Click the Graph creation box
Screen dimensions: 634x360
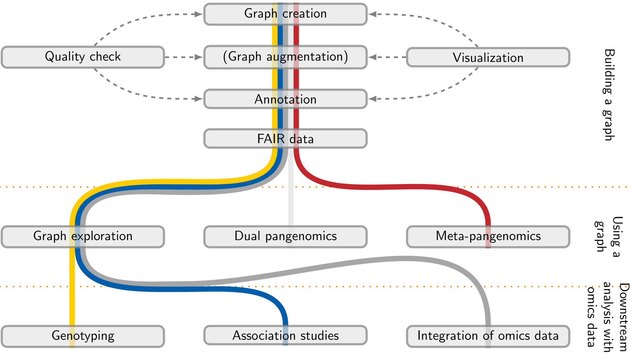[x=285, y=14]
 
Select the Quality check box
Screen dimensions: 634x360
[x=83, y=57]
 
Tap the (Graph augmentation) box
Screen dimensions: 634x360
[x=285, y=57]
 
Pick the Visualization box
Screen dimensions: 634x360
[x=488, y=57]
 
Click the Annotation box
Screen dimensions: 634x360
[x=285, y=99]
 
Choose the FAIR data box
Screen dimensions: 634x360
[x=285, y=139]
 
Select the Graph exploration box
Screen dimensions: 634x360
[x=83, y=237]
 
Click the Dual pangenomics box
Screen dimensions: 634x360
[x=285, y=237]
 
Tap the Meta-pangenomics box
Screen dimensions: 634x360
[x=488, y=237]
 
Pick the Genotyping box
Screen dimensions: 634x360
[x=83, y=336]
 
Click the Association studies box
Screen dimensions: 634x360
[x=285, y=335]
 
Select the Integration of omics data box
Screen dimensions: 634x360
[x=488, y=336]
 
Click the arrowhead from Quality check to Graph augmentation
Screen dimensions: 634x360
[x=199, y=57]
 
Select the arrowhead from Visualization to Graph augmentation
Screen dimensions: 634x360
[x=372, y=57]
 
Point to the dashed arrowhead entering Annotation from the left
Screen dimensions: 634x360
[x=199, y=99]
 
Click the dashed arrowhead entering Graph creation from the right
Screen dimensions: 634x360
[x=372, y=14]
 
